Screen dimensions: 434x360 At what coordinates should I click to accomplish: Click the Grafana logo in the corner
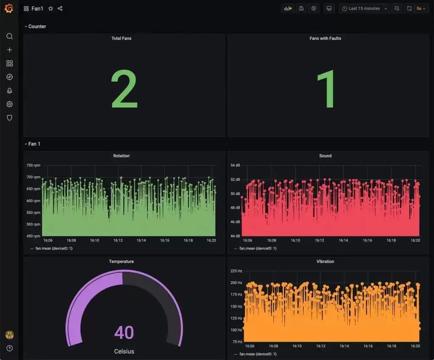9,8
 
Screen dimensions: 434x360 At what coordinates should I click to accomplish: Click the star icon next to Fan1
51,8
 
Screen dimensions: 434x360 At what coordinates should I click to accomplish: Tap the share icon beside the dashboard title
60,8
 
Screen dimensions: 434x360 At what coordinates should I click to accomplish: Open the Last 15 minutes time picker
364,8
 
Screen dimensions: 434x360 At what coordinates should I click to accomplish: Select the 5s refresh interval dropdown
421,8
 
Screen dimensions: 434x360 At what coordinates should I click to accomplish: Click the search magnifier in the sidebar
9,36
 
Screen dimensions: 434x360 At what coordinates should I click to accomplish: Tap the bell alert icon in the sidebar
9,91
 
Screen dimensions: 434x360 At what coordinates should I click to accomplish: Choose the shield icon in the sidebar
9,118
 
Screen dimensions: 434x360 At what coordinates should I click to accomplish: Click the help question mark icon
9,349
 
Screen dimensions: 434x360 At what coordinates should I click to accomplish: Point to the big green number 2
124,89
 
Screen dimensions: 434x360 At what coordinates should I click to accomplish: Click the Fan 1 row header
34,144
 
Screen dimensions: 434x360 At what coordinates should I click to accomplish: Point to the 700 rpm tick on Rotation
33,177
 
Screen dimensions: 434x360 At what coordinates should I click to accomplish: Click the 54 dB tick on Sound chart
235,165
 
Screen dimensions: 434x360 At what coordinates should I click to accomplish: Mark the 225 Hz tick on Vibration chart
236,271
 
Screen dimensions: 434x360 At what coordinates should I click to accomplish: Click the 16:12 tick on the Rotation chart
118,240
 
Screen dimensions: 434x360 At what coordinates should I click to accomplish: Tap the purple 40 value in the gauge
124,332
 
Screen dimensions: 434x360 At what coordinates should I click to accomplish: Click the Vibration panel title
325,262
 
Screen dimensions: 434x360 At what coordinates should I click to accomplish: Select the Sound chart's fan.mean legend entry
255,249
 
